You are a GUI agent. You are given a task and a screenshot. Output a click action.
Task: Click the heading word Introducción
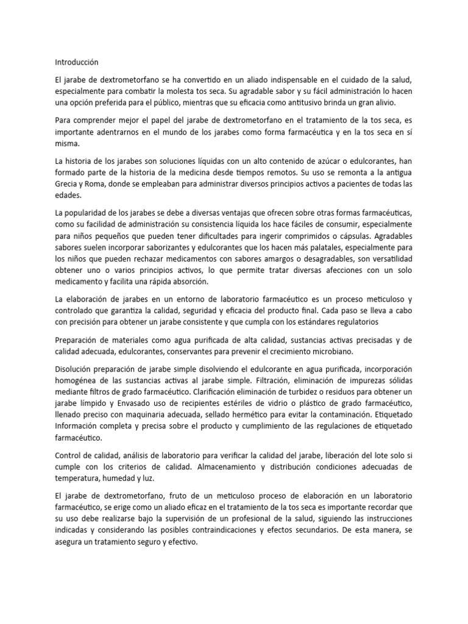tap(76, 62)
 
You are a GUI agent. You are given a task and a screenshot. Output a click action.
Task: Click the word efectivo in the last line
tap(177, 541)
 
